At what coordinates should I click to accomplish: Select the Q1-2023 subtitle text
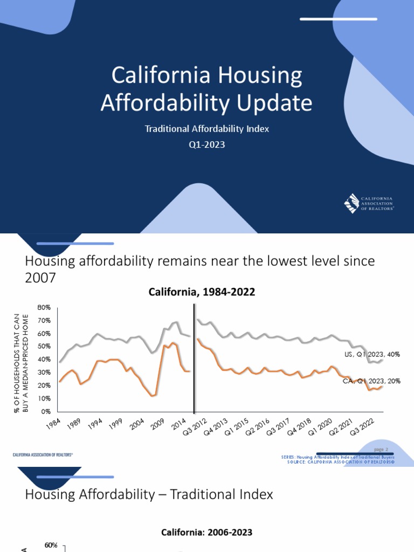pyautogui.click(x=206, y=144)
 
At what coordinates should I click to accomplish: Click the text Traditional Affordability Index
pyautogui.click(x=206, y=129)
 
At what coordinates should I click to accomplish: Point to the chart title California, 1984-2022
pyautogui.click(x=202, y=292)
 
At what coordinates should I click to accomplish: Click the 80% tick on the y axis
pyautogui.click(x=44, y=307)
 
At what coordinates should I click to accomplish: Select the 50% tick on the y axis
pyautogui.click(x=44, y=347)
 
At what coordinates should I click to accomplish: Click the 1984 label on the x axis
pyautogui.click(x=52, y=424)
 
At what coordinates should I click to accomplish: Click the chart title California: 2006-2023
pyautogui.click(x=207, y=532)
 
